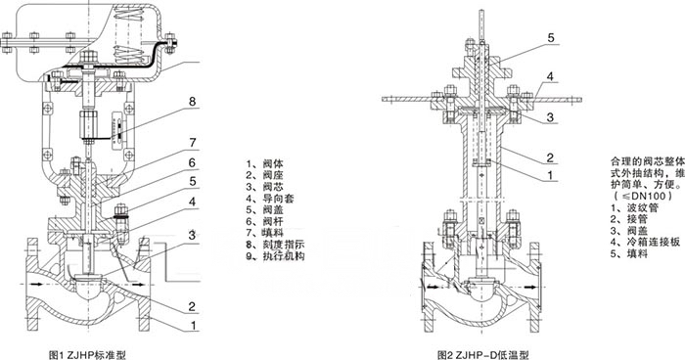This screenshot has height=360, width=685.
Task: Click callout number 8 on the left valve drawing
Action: (192, 101)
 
